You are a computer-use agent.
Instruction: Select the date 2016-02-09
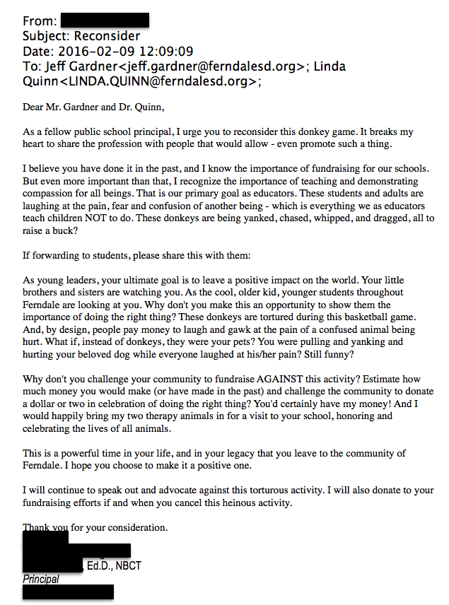point(91,51)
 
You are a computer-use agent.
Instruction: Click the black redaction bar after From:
point(105,20)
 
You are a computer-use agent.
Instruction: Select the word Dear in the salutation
point(35,107)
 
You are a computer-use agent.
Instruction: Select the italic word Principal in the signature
point(41,579)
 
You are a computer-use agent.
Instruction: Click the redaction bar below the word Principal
point(68,592)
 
